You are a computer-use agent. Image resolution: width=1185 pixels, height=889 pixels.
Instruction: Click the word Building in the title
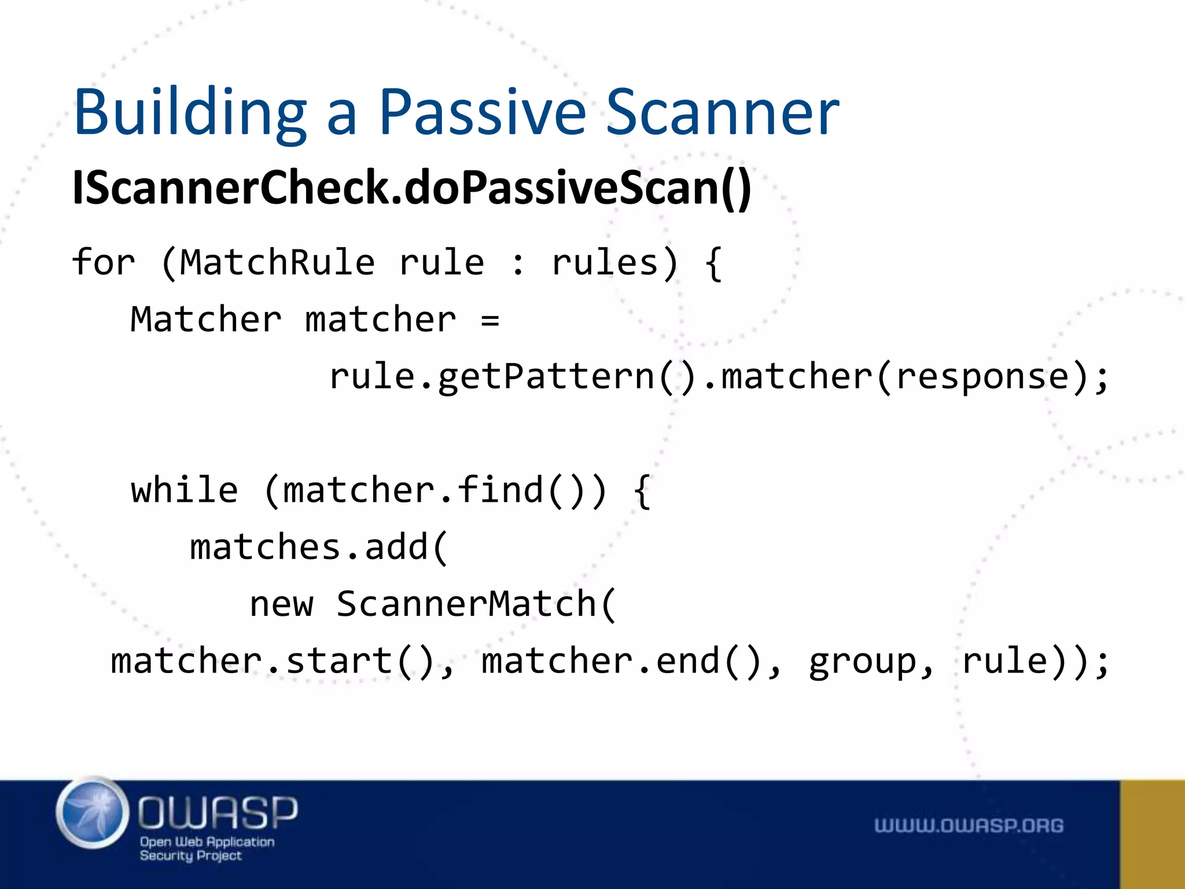[190, 113]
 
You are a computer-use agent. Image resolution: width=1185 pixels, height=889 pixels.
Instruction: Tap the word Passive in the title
[482, 113]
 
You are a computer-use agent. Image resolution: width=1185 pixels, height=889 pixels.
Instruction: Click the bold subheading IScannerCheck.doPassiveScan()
[411, 188]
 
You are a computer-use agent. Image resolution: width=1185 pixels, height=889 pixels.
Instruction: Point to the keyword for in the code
[104, 263]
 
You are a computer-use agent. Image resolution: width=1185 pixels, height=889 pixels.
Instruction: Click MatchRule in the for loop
[277, 263]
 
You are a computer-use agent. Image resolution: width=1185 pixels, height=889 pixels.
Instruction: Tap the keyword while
[185, 491]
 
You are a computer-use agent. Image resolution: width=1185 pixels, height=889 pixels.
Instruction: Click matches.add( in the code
[319, 548]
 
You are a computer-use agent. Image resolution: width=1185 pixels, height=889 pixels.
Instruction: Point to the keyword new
[282, 604]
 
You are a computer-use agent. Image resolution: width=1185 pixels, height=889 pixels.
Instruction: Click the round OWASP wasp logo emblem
[93, 813]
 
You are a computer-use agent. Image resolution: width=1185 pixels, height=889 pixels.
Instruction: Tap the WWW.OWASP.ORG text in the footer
[969, 826]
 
